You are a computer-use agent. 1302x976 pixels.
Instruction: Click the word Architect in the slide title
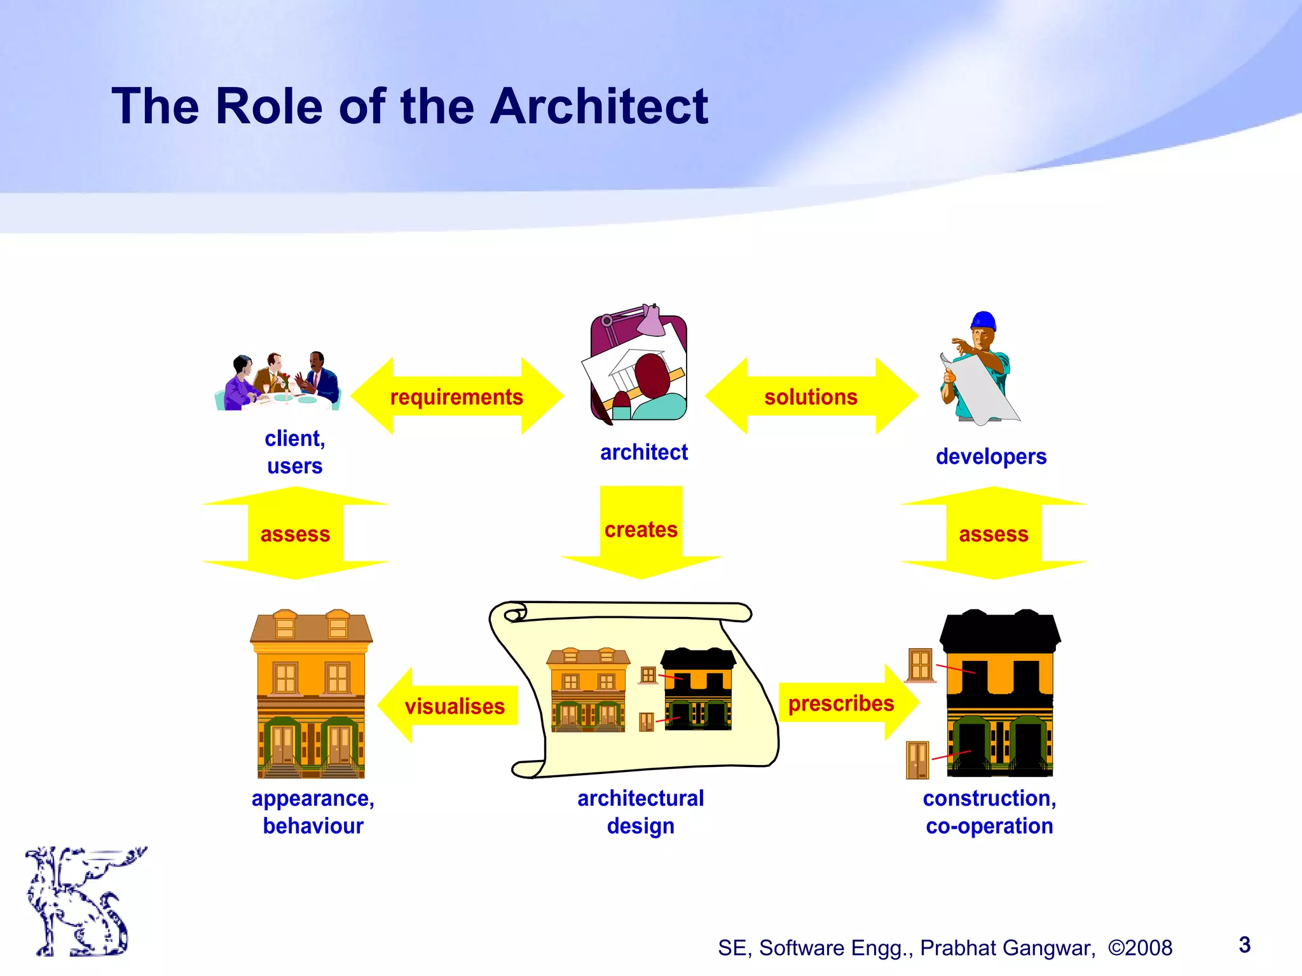click(598, 106)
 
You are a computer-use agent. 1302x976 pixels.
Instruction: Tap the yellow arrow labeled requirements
click(456, 396)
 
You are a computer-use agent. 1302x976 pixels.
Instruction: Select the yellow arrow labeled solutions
click(811, 396)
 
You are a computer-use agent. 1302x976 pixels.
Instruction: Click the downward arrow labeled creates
click(641, 531)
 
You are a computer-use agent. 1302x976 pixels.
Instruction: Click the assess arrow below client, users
click(295, 534)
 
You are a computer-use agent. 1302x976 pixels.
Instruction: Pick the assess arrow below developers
click(994, 534)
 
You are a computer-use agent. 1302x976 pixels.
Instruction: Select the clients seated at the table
click(278, 383)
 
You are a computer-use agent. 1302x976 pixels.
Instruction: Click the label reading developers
click(991, 456)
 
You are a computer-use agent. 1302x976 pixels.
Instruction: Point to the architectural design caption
click(641, 812)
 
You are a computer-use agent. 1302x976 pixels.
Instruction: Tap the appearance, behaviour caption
click(313, 812)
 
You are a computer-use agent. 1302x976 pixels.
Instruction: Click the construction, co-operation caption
click(990, 812)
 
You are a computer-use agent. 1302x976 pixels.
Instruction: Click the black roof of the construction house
click(1000, 632)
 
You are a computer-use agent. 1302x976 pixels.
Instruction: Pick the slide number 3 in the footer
click(1245, 945)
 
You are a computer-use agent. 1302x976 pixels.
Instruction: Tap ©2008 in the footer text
click(1140, 947)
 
